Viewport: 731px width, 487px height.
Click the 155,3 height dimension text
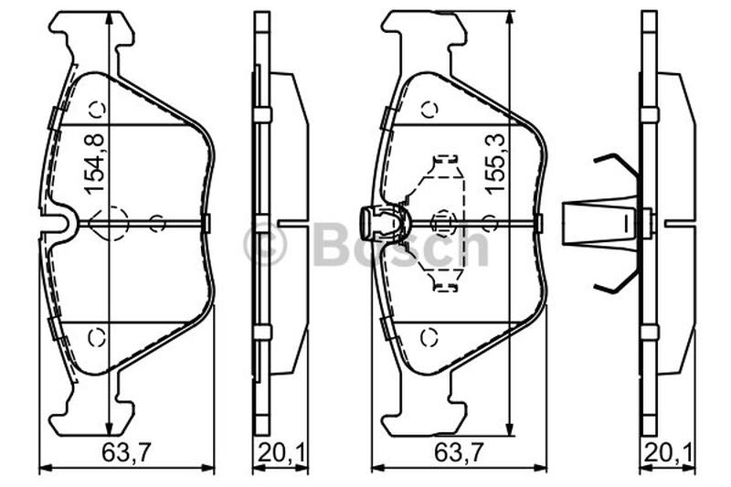495,163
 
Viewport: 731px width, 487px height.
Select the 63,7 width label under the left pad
127,452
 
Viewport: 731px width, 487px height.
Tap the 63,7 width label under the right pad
460,452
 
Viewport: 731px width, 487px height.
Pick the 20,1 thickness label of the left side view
281,452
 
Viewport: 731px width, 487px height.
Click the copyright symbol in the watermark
265,244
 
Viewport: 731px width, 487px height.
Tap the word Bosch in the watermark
402,242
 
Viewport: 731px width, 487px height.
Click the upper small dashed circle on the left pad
98,110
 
